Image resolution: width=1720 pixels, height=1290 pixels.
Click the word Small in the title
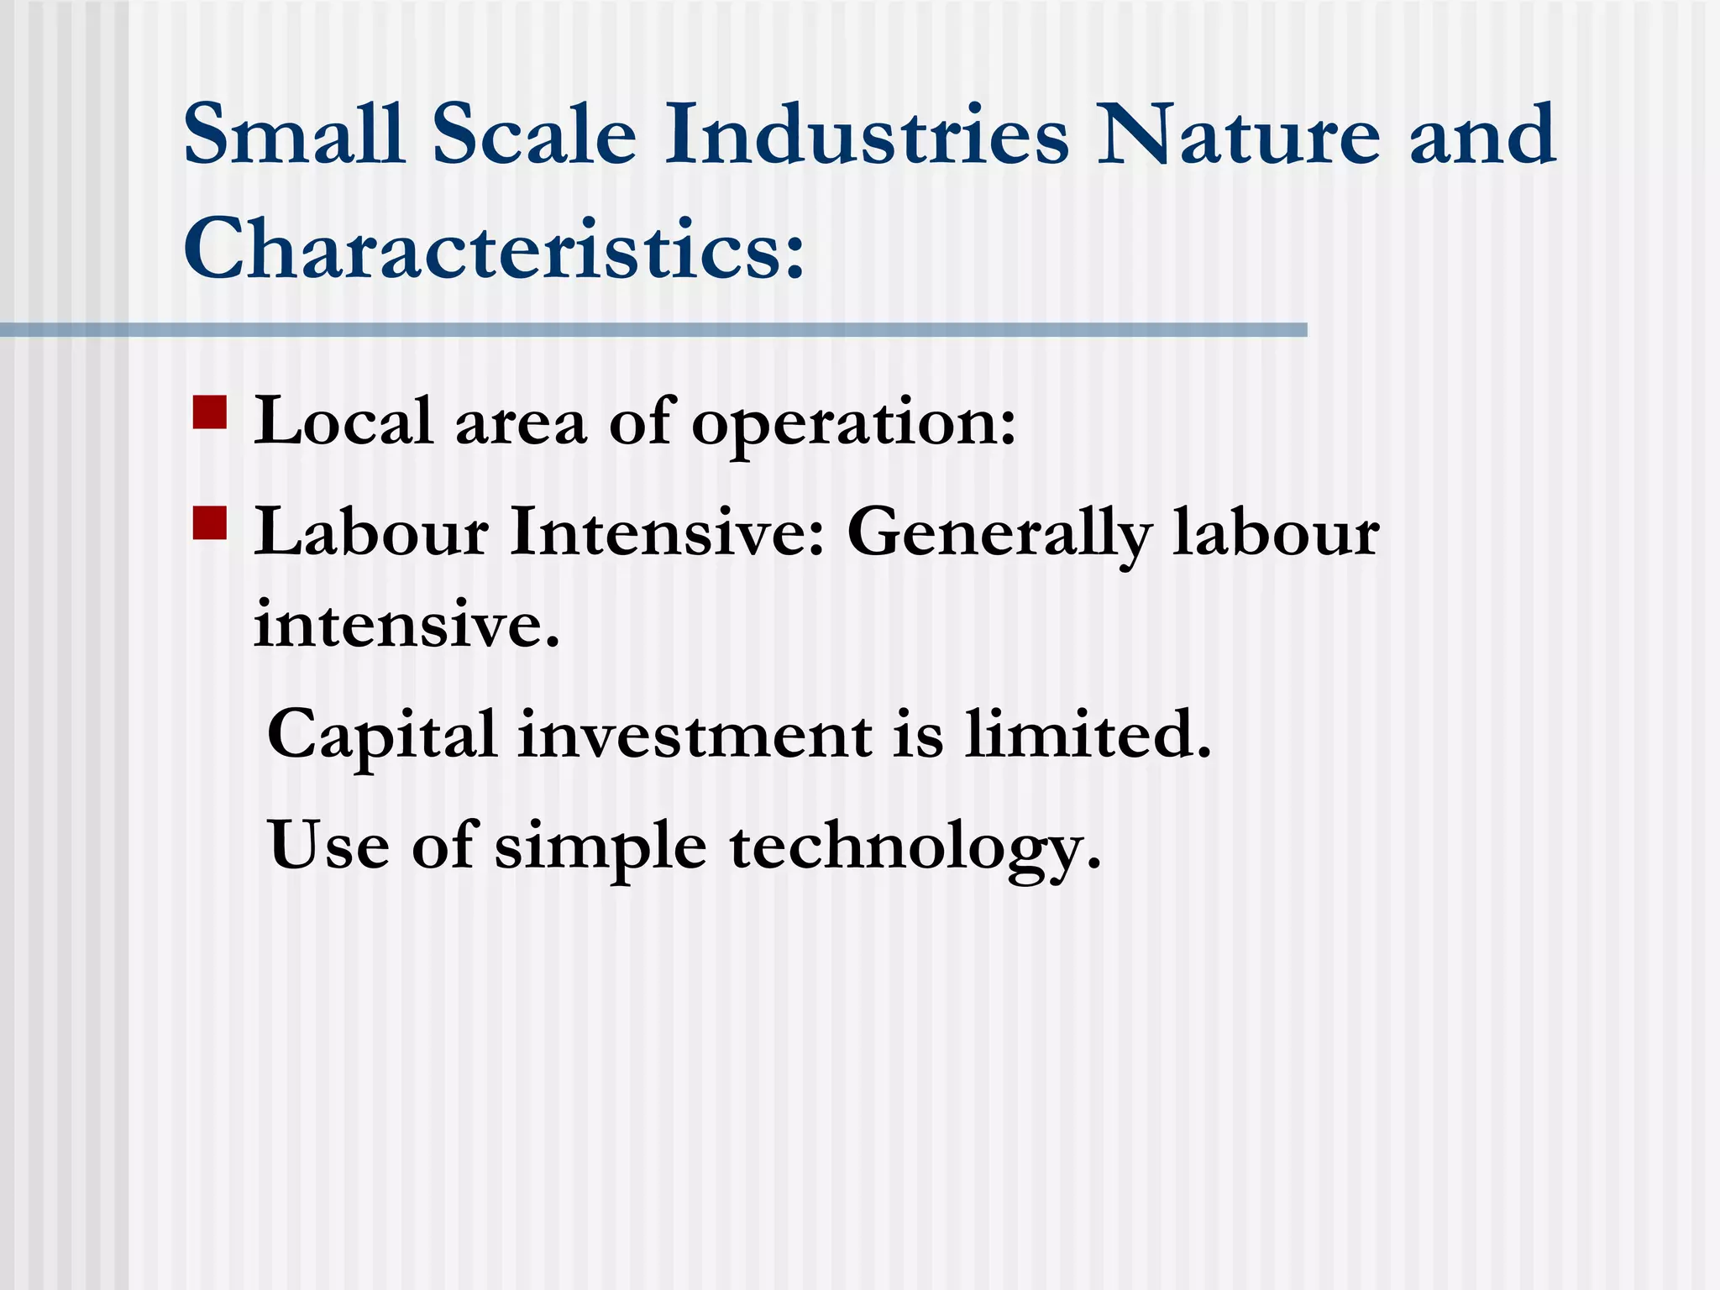294,134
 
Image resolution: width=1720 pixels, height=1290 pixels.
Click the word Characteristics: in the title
494,249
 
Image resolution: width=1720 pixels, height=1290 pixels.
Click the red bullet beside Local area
210,412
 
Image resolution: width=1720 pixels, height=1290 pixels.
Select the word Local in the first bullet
343,421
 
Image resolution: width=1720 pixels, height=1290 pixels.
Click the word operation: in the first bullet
853,424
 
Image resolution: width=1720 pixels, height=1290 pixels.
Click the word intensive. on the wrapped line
406,625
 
